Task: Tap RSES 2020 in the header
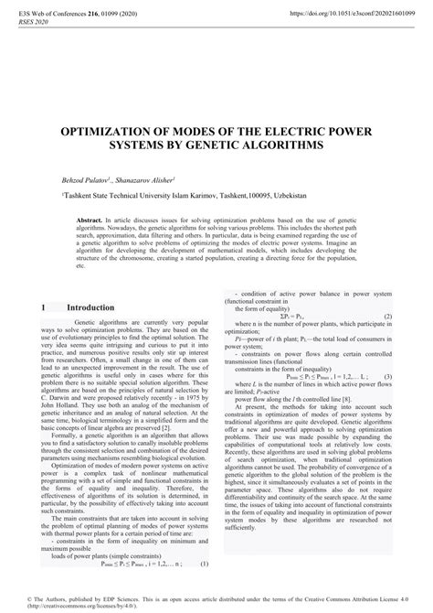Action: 34,25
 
